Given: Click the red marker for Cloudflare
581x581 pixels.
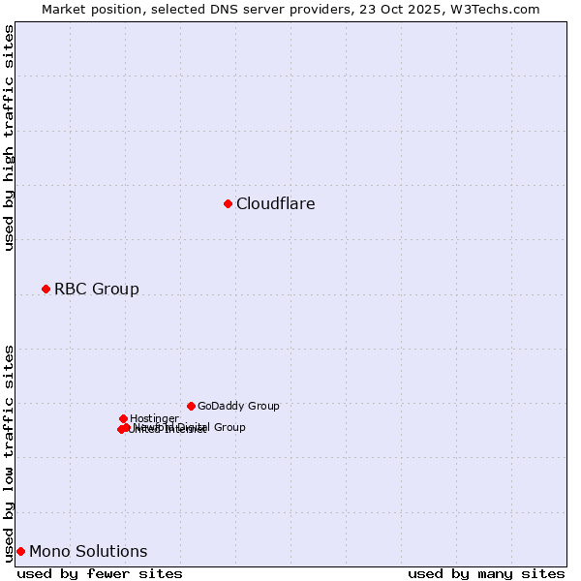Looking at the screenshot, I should click(x=228, y=203).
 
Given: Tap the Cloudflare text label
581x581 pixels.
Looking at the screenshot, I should click(x=276, y=204).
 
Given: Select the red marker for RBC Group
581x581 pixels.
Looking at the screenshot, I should click(x=46, y=289).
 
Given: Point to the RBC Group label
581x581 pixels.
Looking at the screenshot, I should click(x=97, y=290).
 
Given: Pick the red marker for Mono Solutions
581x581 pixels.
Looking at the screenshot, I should click(x=20, y=551).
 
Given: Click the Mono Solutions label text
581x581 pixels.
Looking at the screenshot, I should click(x=88, y=552).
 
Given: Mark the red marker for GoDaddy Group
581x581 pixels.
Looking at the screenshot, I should click(x=191, y=406).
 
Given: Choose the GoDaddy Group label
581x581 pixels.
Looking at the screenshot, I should click(x=238, y=407).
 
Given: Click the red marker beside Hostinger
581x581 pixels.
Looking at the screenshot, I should click(x=123, y=418).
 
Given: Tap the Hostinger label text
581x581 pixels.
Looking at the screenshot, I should click(x=154, y=419).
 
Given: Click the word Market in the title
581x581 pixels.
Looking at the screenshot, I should click(x=65, y=10).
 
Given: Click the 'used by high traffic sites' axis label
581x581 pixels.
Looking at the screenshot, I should click(x=9, y=138).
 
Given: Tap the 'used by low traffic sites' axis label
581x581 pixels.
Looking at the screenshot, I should click(x=9, y=452).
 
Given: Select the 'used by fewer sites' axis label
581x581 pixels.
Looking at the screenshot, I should click(x=100, y=573).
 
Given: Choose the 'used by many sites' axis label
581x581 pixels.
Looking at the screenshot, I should click(x=486, y=573).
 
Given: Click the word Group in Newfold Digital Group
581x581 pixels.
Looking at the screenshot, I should click(x=229, y=427).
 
